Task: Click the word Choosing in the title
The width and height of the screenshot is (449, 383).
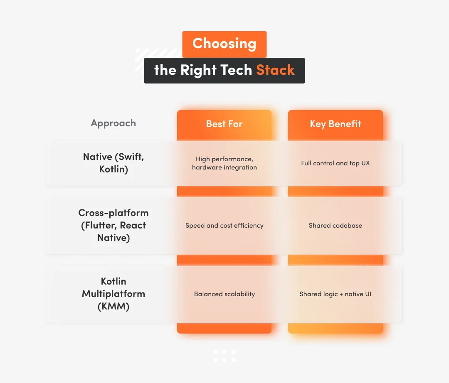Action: [224, 44]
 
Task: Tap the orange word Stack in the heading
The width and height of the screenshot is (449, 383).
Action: [275, 70]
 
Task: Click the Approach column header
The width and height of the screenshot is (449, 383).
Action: [113, 123]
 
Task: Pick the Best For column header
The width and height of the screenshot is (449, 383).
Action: [224, 124]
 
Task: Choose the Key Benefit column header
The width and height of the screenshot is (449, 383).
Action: [336, 124]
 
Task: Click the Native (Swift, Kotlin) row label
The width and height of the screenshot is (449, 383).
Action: [113, 163]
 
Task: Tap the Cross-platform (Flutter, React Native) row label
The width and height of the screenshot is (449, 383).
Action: [113, 225]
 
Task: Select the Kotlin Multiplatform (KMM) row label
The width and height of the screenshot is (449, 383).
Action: [113, 294]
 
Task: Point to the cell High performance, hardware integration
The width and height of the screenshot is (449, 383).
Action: [224, 163]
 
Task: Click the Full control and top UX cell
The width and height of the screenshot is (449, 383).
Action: [336, 163]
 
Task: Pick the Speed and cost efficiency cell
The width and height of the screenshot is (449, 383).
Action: [224, 226]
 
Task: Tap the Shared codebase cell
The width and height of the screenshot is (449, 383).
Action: [336, 226]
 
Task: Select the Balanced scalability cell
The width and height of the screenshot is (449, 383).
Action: [224, 294]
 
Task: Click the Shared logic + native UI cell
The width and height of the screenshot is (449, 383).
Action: [336, 294]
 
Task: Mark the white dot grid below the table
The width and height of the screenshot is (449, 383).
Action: [224, 356]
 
